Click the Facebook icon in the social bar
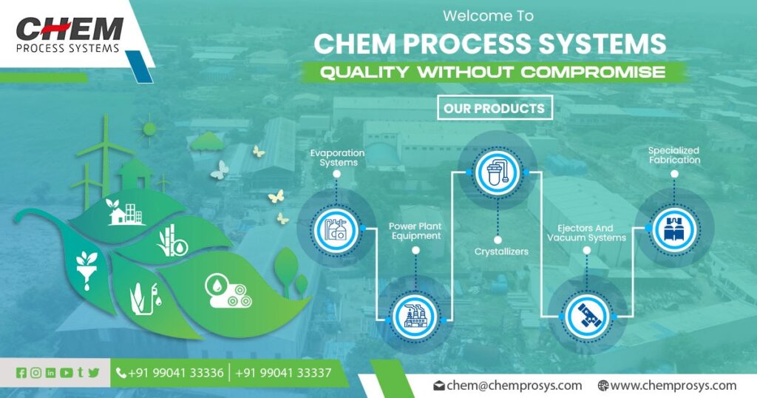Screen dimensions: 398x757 pyautogui.click(x=21, y=373)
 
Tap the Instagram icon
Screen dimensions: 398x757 pyautogui.click(x=35, y=373)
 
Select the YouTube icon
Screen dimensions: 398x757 pyautogui.click(x=66, y=373)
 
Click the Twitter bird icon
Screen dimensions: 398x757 pyautogui.click(x=93, y=373)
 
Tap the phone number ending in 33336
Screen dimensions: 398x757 pyautogui.click(x=175, y=373)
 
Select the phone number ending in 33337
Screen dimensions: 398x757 pyautogui.click(x=283, y=373)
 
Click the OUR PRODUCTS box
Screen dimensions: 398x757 pyautogui.click(x=494, y=109)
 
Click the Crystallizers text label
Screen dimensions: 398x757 pyautogui.click(x=501, y=252)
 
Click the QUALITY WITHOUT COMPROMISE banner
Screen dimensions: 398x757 pyautogui.click(x=492, y=72)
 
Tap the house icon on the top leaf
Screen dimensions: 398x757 pyautogui.click(x=117, y=215)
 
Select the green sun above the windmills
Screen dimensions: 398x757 pyautogui.click(x=150, y=129)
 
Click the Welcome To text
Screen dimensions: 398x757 pyautogui.click(x=487, y=15)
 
